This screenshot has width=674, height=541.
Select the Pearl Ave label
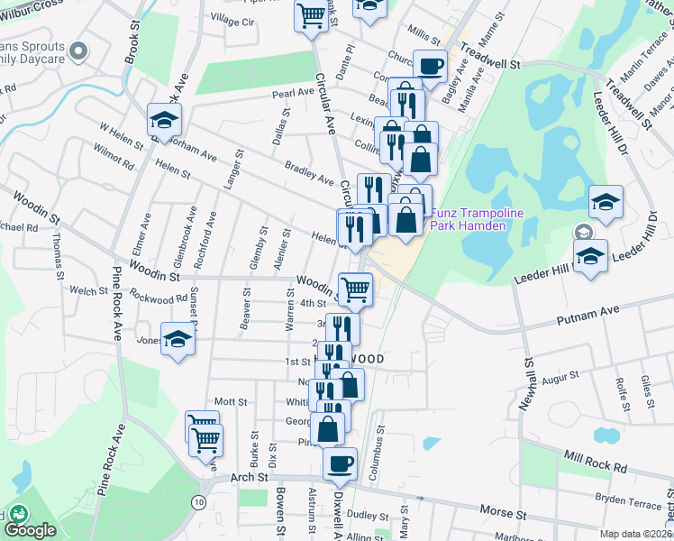pos(294,93)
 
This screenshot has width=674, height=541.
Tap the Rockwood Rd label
pos(158,297)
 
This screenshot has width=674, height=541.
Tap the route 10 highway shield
pos(198,500)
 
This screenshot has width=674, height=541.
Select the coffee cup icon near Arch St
pos(340,463)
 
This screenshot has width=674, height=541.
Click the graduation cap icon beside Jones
pos(178,339)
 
